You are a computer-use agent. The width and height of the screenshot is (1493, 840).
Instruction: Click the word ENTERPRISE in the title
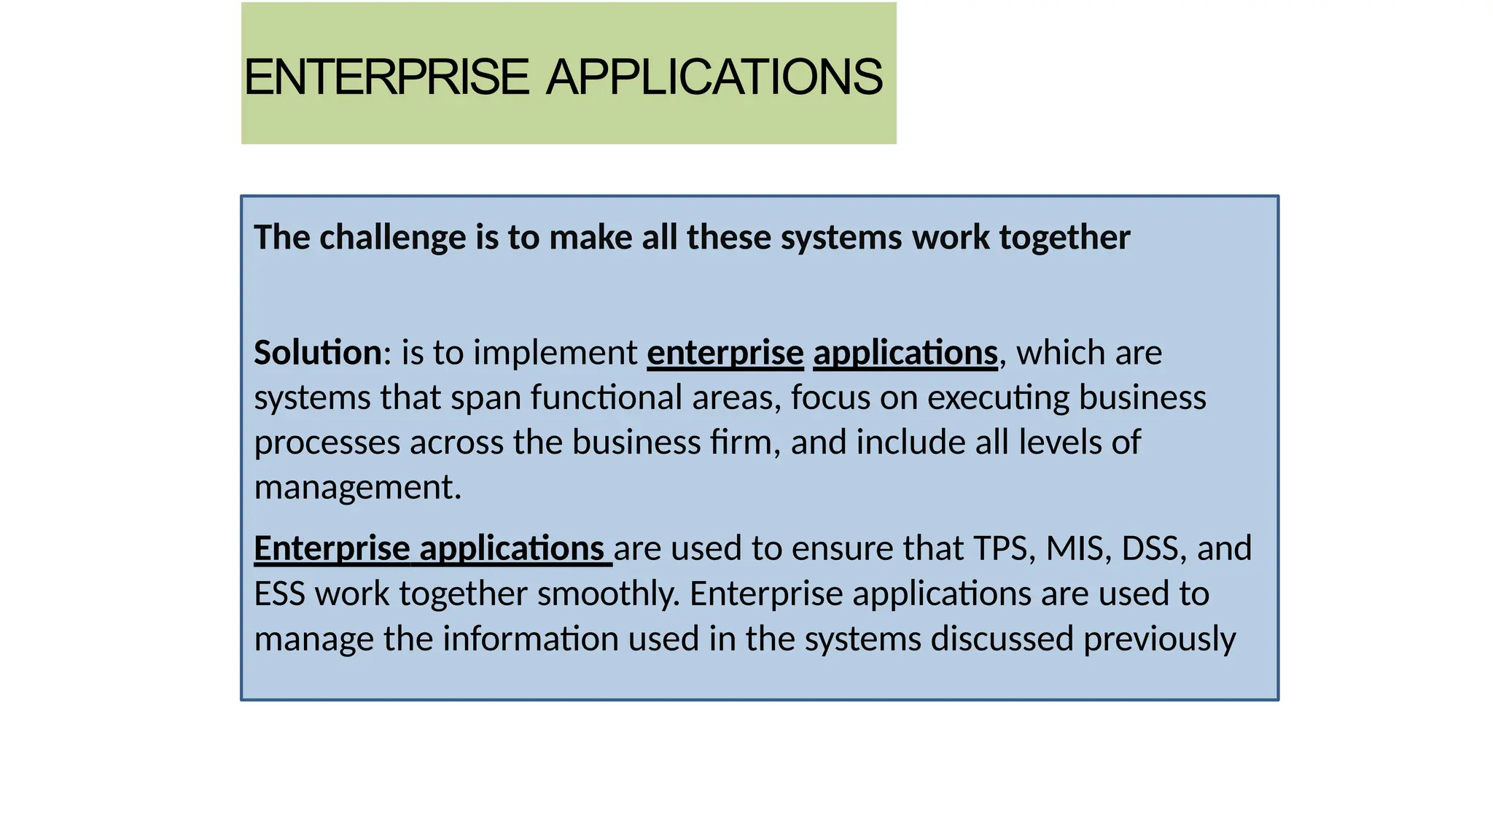386,77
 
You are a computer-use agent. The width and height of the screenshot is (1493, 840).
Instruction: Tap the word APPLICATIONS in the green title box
714,77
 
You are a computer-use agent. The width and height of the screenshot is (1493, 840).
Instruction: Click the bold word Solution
317,353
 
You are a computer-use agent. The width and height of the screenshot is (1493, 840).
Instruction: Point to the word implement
555,353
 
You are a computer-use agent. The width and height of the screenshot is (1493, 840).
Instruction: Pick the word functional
606,398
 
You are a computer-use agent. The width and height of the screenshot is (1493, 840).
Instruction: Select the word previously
1159,639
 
